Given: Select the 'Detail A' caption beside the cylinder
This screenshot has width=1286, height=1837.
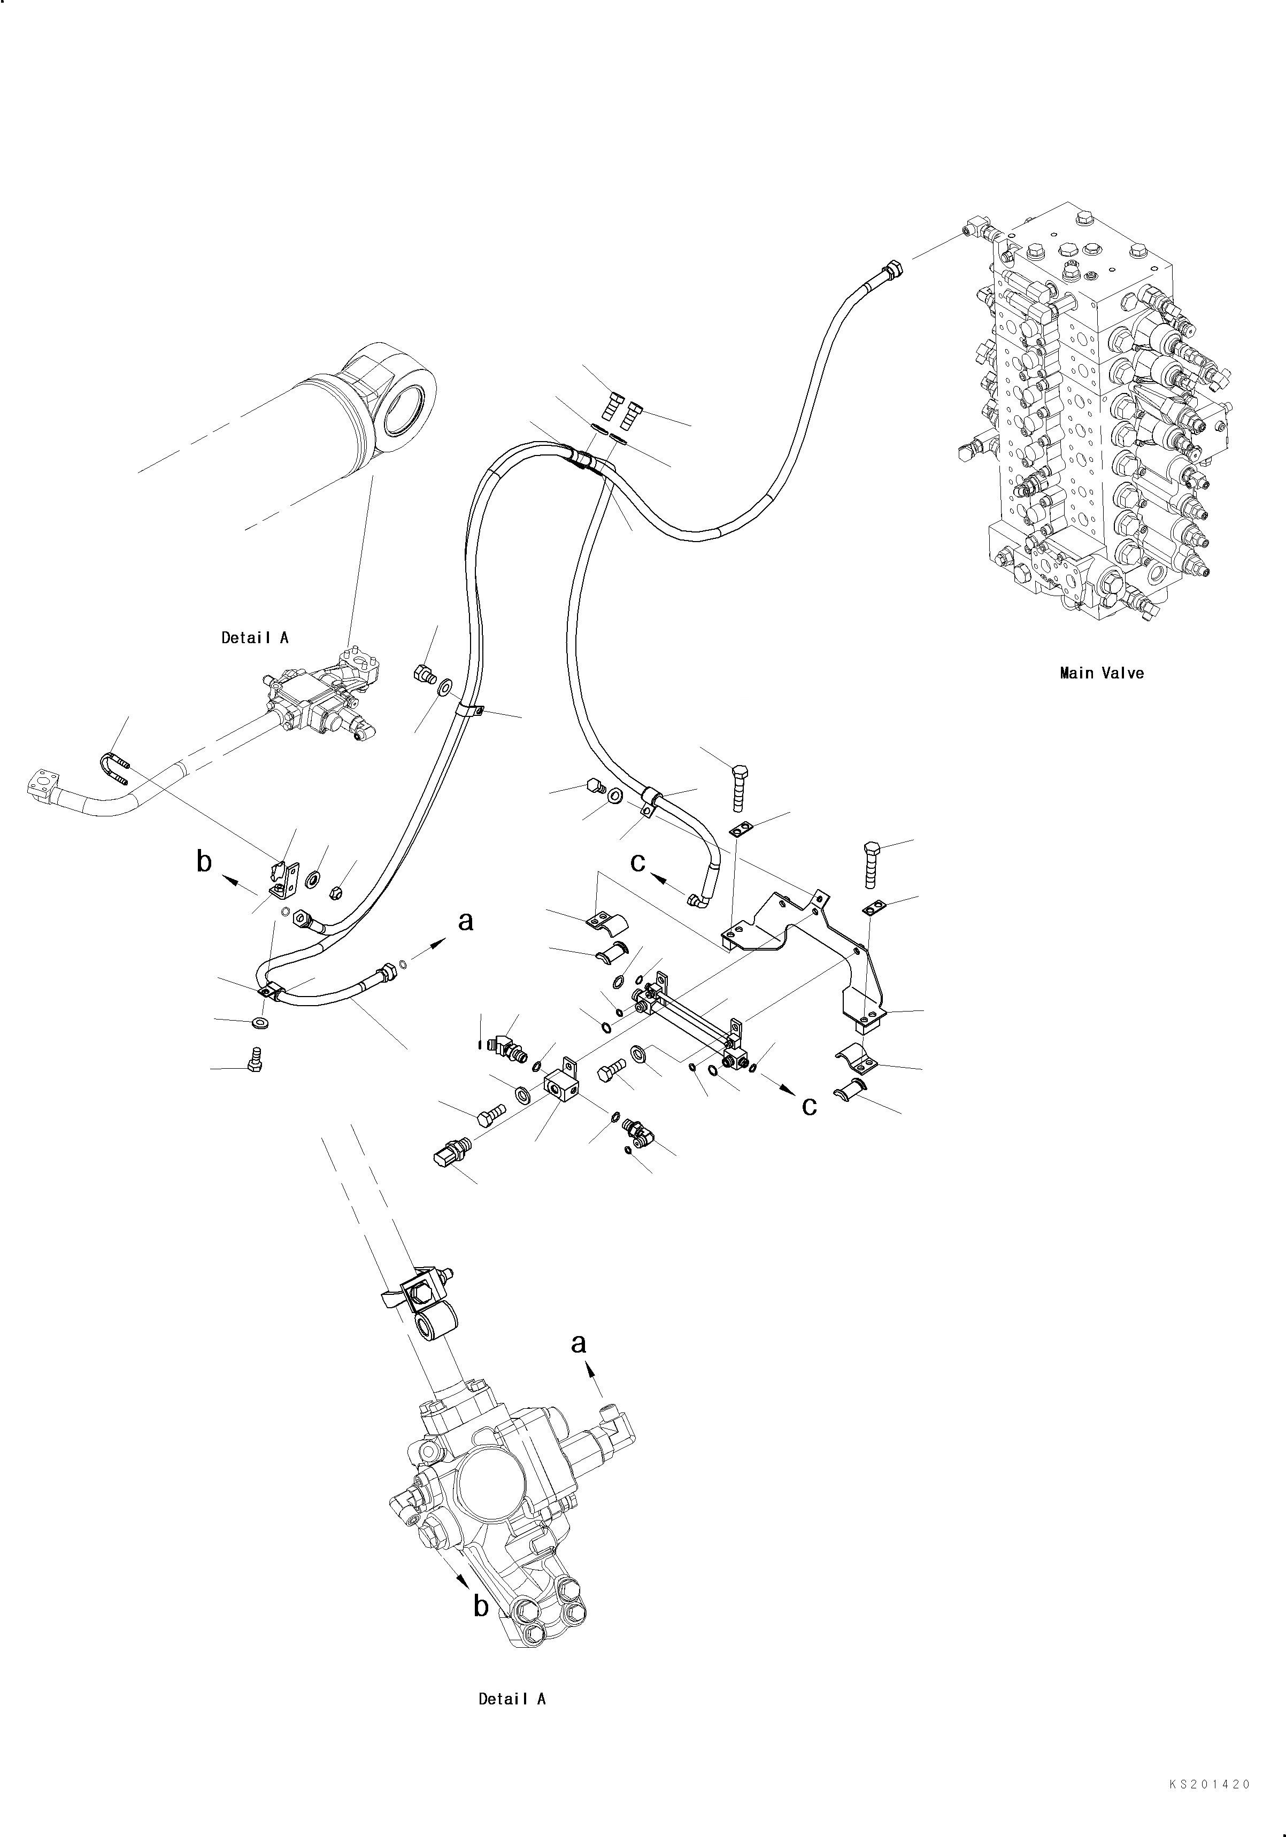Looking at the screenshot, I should (x=255, y=638).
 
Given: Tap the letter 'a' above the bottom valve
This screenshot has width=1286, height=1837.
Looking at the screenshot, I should (x=579, y=1344).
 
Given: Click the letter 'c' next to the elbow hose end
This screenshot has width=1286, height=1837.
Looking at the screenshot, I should (x=638, y=862).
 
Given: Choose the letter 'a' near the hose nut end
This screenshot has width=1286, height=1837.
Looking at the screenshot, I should (x=465, y=922).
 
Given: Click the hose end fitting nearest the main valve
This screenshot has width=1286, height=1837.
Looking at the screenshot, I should (x=891, y=272).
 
